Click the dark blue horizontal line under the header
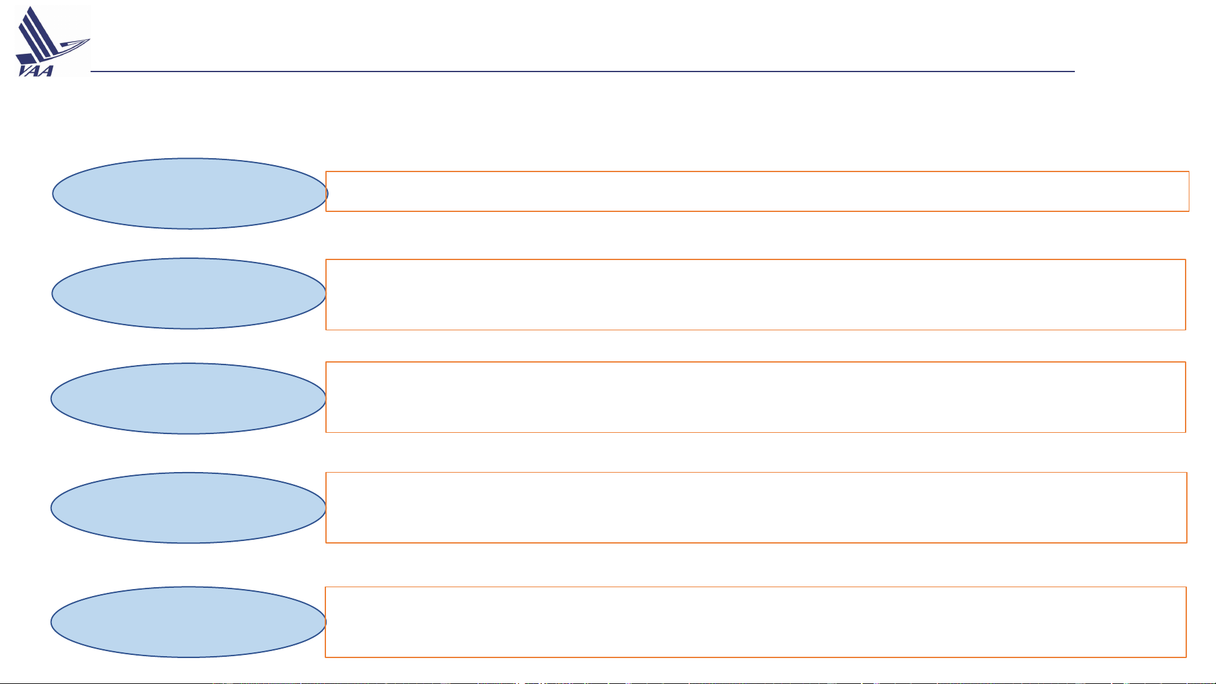(x=582, y=72)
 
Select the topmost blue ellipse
(x=190, y=194)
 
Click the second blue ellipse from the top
(x=189, y=294)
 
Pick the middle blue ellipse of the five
(x=189, y=399)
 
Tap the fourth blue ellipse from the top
(x=189, y=508)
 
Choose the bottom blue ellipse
(x=189, y=622)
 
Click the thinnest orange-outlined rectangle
(x=757, y=191)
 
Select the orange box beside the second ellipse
(x=756, y=295)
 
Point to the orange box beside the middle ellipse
(x=756, y=397)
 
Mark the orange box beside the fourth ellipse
(x=756, y=507)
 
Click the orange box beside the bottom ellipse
(x=756, y=622)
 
